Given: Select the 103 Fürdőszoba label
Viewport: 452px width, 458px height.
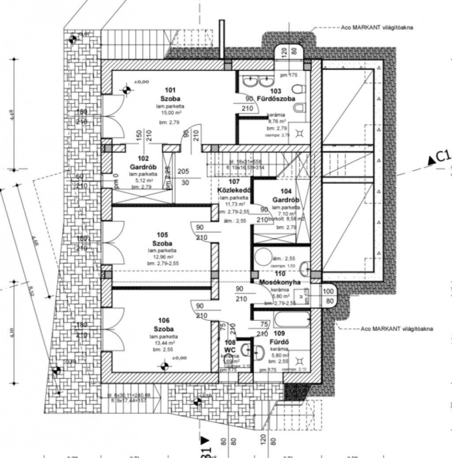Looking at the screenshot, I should (x=276, y=95).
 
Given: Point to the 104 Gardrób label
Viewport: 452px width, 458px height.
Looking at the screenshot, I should (x=286, y=195).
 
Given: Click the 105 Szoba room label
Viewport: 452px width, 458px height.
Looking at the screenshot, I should (x=162, y=240).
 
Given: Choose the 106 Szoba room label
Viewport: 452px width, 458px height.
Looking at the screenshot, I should (x=163, y=325).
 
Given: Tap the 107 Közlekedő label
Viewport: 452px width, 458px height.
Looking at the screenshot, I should (x=234, y=186).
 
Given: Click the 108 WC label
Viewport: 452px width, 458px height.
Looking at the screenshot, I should (x=230, y=345).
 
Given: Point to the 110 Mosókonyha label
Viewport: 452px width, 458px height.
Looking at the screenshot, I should (x=280, y=278).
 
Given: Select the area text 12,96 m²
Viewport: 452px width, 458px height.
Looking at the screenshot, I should (x=162, y=257).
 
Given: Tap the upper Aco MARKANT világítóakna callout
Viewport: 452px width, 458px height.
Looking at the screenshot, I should (x=377, y=27).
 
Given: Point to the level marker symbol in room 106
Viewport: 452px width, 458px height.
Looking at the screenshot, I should (x=163, y=365).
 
